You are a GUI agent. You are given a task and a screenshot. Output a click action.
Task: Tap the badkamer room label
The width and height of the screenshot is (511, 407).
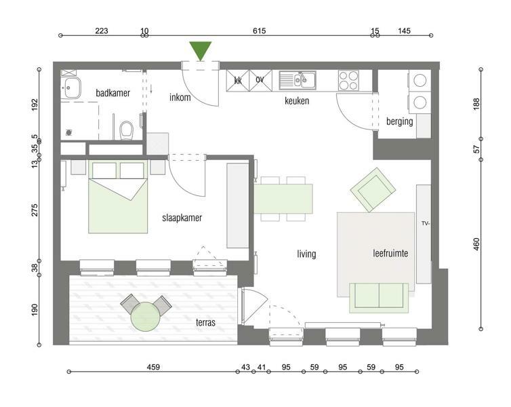tap(113, 93)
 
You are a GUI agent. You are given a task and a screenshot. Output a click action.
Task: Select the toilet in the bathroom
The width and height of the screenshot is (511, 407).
tap(126, 130)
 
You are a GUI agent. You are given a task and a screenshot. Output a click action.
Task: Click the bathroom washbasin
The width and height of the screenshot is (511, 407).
tap(71, 88)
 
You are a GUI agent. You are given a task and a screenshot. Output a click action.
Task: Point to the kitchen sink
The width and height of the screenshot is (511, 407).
tap(298, 80)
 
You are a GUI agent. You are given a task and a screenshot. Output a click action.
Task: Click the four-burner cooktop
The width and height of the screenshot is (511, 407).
tap(348, 81)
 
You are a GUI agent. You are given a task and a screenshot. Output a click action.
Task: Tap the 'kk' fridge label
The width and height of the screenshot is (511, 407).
tap(238, 80)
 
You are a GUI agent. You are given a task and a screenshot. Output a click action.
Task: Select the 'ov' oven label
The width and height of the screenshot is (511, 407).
tap(260, 79)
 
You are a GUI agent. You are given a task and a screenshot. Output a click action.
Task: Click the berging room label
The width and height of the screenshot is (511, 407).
tap(400, 121)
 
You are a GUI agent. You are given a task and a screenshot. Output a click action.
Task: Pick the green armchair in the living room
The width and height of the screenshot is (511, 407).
tap(373, 189)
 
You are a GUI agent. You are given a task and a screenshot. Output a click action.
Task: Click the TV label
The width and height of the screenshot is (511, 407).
tap(426, 223)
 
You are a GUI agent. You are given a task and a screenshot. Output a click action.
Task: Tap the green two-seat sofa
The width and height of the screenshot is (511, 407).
tap(379, 298)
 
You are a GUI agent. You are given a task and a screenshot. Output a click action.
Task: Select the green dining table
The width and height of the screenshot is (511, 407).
tap(283, 199)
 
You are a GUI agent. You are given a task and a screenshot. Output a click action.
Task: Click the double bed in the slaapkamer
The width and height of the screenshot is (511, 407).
tap(118, 197)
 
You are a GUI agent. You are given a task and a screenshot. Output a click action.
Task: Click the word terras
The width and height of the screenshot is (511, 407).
tap(205, 322)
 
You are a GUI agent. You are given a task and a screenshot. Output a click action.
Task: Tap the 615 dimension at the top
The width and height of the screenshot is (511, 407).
tap(260, 31)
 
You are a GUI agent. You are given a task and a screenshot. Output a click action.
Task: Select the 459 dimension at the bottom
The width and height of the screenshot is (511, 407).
tap(153, 367)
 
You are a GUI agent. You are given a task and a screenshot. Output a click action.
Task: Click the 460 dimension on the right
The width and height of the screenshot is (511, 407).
tap(476, 244)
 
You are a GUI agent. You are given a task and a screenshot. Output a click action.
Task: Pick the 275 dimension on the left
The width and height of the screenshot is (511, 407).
tap(35, 210)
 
